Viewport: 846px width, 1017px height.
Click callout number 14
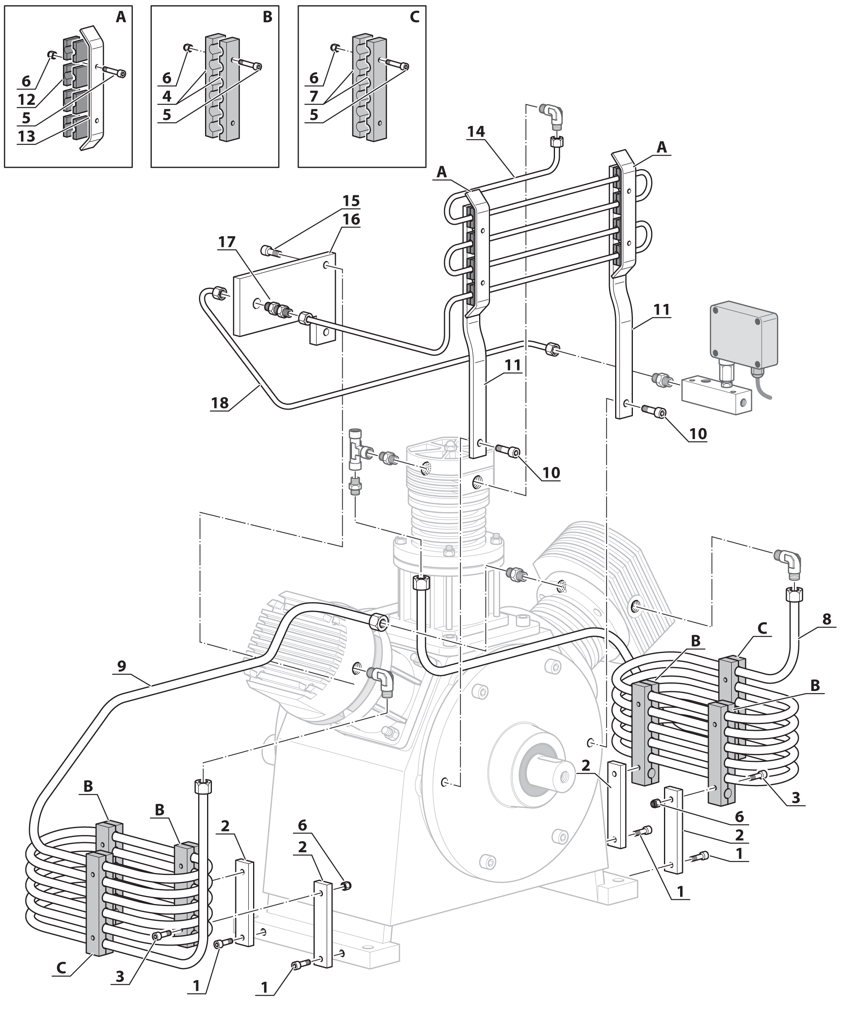click(x=475, y=131)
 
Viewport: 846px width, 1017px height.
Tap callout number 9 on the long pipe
click(x=121, y=666)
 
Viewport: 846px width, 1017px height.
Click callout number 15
click(x=351, y=201)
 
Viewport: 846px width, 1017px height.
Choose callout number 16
click(x=351, y=220)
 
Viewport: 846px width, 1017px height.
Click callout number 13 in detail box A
click(x=26, y=136)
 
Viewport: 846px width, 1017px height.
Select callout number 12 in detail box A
click(x=26, y=99)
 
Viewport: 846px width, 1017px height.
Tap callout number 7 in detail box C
click(x=314, y=96)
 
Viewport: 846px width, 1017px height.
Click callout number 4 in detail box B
click(x=167, y=96)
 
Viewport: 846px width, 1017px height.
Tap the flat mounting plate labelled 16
click(x=283, y=295)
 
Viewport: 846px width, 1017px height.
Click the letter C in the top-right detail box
click(x=415, y=17)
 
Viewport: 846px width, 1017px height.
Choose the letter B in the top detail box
click(x=267, y=17)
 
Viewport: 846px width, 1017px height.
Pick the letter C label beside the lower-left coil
click(x=61, y=968)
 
